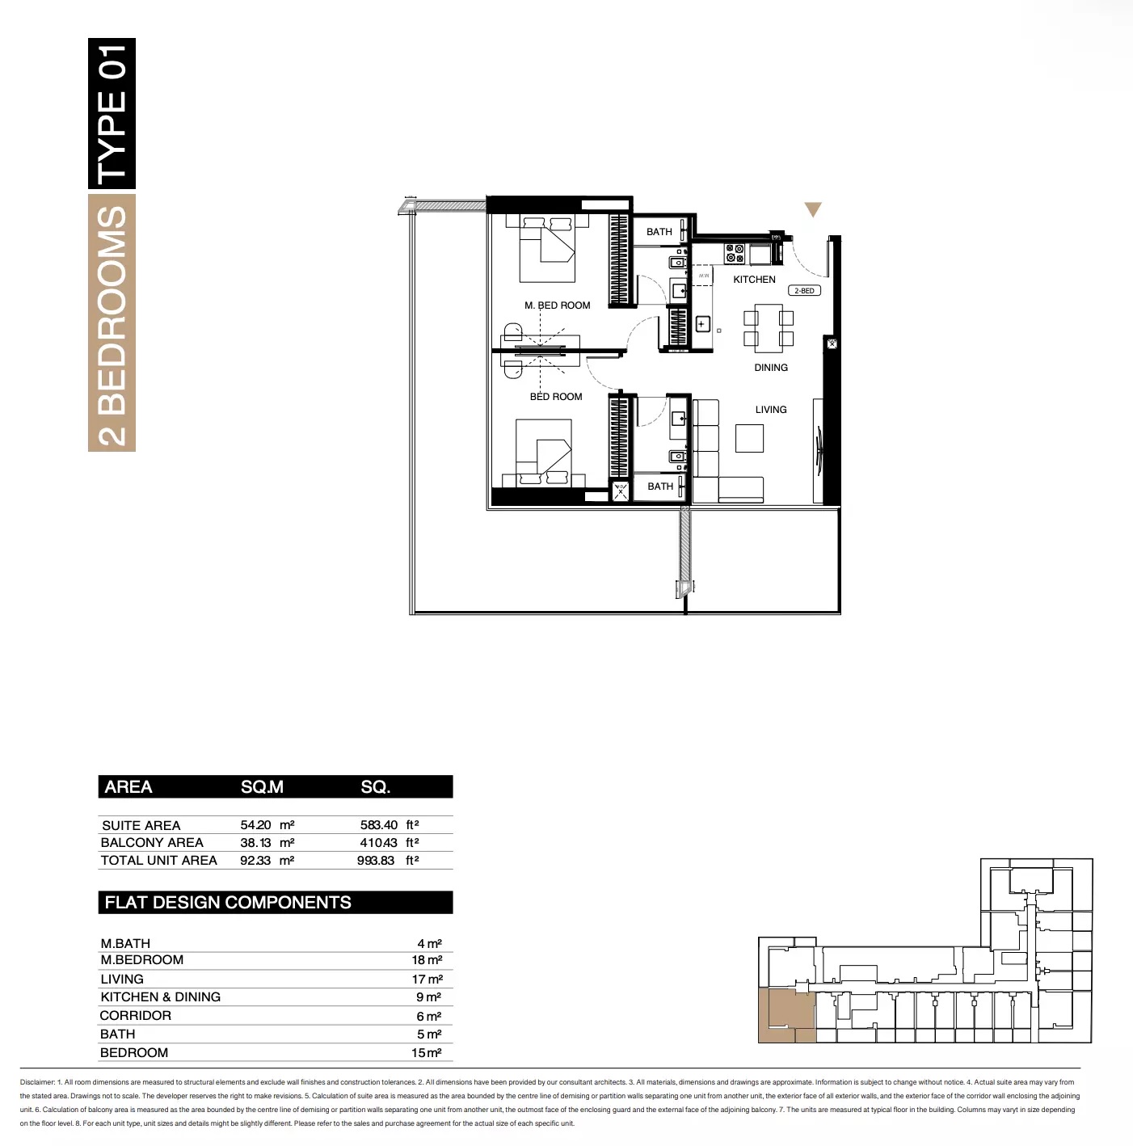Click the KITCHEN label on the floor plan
point(754,280)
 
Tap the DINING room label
point(771,368)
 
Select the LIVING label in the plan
point(771,410)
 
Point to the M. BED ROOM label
point(558,305)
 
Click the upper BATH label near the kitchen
point(659,232)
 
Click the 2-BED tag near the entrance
point(804,291)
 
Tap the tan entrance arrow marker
point(813,209)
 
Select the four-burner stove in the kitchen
point(735,254)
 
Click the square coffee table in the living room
point(749,438)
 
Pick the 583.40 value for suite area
point(379,825)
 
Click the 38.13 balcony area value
point(255,842)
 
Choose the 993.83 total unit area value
point(376,861)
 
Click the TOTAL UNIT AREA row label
point(159,861)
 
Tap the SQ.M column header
point(262,787)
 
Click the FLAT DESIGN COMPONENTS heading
point(228,903)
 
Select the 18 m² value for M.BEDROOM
point(427,960)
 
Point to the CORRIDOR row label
point(136,1016)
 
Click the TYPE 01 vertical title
point(112,113)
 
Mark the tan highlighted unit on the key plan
point(786,1013)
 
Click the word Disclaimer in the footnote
point(37,1082)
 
